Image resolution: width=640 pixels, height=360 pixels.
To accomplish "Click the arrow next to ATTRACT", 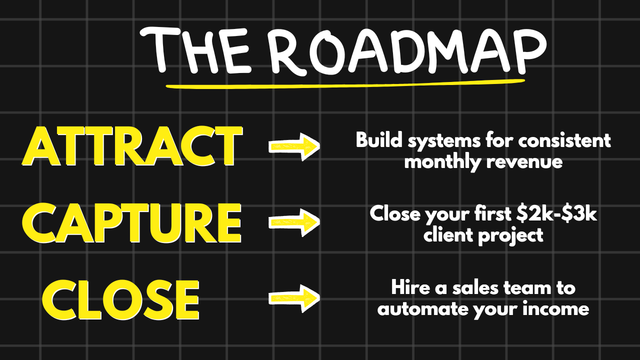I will (294, 146).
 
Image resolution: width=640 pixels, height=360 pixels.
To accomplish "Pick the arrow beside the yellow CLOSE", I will (294, 298).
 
